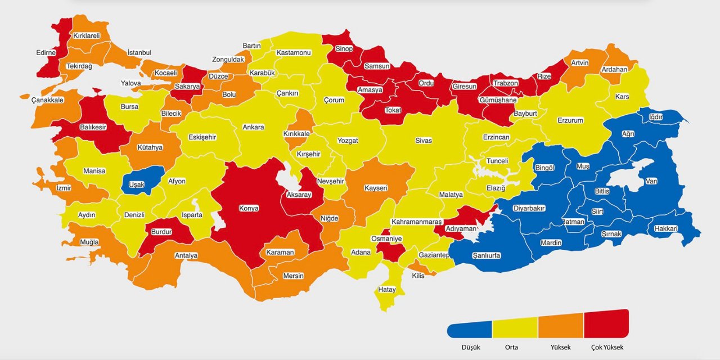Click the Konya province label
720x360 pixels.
(249, 208)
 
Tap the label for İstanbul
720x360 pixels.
(139, 52)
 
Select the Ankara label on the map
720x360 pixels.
(253, 127)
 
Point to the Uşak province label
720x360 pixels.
(137, 184)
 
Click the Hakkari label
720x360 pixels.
(666, 228)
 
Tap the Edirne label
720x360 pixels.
(46, 52)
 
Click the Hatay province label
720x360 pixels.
(387, 290)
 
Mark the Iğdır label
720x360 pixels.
(656, 117)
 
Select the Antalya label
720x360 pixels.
(186, 255)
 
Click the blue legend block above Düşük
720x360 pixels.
(470, 329)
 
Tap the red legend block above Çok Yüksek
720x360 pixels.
(606, 323)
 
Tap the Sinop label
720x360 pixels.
(344, 49)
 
